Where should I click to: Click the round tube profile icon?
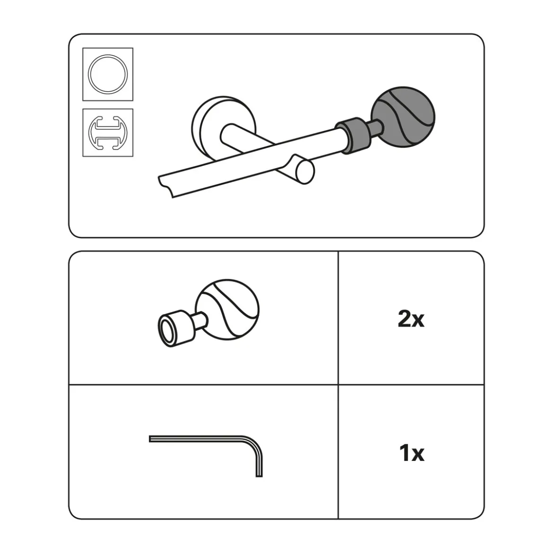pos(108,74)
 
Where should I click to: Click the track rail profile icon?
pos(108,132)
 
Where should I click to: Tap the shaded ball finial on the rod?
pos(404,117)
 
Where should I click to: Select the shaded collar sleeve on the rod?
pos(353,136)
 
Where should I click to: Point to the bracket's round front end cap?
pos(305,172)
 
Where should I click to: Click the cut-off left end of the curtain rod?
pos(166,186)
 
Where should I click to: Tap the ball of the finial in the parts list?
pos(227,310)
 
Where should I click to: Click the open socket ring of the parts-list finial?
pos(166,329)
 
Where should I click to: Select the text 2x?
pos(411,319)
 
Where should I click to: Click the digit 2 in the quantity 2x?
pos(404,319)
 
